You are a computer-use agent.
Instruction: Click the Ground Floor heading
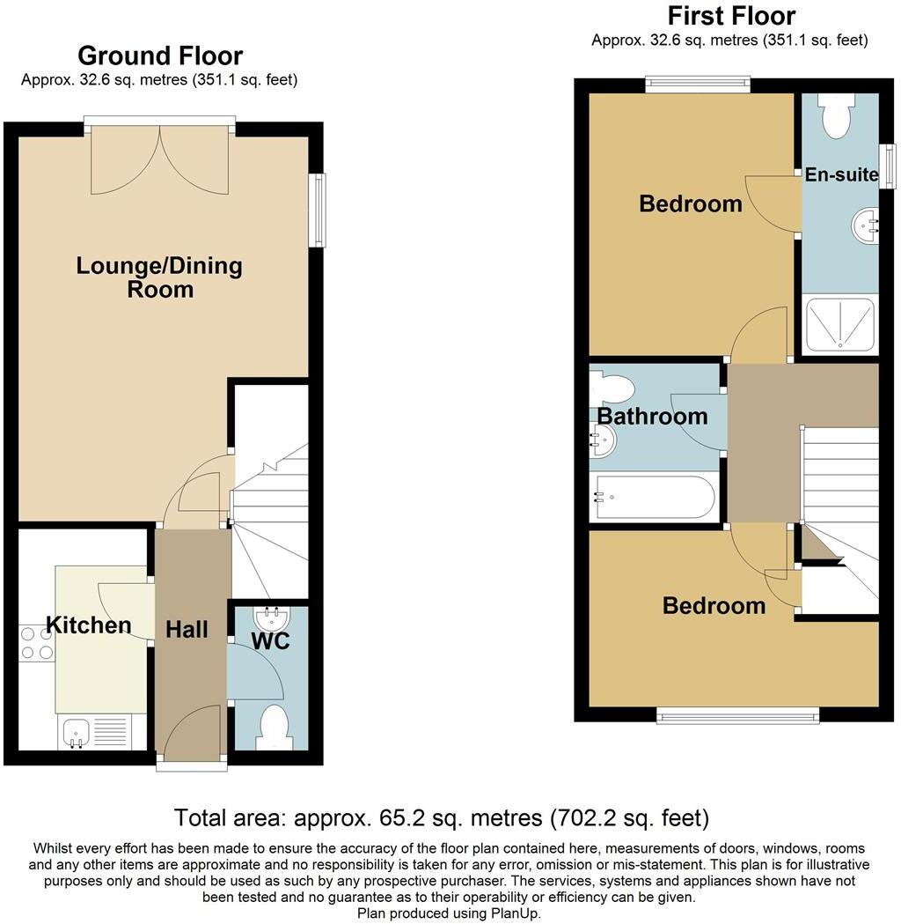pos(160,56)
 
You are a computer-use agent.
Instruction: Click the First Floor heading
pos(731,16)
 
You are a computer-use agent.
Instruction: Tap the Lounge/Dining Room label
pos(159,277)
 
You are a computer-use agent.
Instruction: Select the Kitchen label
pos(88,625)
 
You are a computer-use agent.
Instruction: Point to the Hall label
pos(187,629)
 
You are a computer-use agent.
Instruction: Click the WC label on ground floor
pos(271,641)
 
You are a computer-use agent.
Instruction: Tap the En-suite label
pos(841,174)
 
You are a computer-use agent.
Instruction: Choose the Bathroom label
pos(652,416)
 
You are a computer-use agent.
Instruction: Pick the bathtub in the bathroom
pos(655,498)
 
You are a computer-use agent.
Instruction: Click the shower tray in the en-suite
pos(840,325)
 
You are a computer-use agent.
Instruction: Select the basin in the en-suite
pos(865,225)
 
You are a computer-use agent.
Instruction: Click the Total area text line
pos(442,817)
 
